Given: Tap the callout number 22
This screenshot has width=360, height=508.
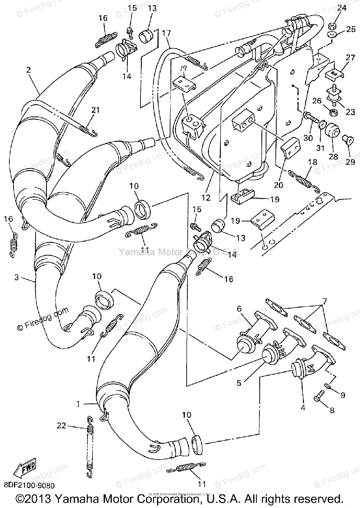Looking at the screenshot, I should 61,425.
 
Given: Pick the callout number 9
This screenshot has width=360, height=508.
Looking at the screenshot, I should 342,395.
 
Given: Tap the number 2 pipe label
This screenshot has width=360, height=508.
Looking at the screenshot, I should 29,70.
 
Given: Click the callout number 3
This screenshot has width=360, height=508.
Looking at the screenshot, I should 16,278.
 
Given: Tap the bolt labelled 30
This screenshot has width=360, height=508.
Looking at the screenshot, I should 310,116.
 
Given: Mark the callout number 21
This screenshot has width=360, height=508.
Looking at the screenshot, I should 95,110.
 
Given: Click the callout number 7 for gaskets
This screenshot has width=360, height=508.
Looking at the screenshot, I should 324,301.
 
